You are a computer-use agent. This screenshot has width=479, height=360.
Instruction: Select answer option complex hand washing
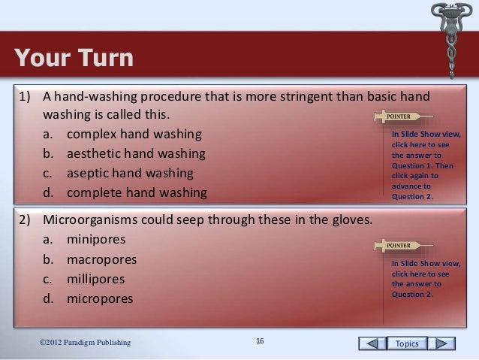(134, 136)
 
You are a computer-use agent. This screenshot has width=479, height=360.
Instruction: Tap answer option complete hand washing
(136, 192)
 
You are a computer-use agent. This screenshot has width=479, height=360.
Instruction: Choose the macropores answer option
(101, 260)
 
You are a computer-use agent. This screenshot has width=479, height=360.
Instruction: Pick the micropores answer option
(99, 298)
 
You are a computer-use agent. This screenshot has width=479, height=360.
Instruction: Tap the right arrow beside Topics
(444, 343)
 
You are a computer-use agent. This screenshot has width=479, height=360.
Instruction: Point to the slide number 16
(259, 343)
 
